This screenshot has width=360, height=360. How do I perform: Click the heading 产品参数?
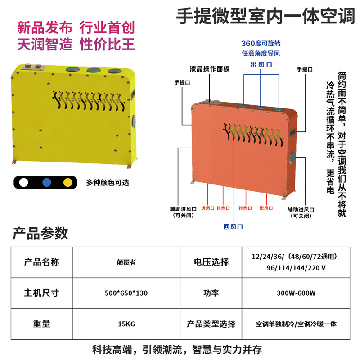[40, 233]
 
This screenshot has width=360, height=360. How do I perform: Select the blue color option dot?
[45, 183]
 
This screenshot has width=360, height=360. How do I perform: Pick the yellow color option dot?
[68, 183]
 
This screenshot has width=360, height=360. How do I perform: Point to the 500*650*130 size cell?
[126, 293]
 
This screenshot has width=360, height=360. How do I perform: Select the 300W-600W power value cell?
[296, 293]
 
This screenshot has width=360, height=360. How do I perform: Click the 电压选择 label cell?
[211, 262]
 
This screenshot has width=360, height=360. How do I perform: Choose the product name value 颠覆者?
[126, 262]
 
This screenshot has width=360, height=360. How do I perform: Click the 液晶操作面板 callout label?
[209, 69]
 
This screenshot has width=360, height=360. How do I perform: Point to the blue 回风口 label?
[233, 227]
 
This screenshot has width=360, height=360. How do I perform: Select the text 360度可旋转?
[261, 44]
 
